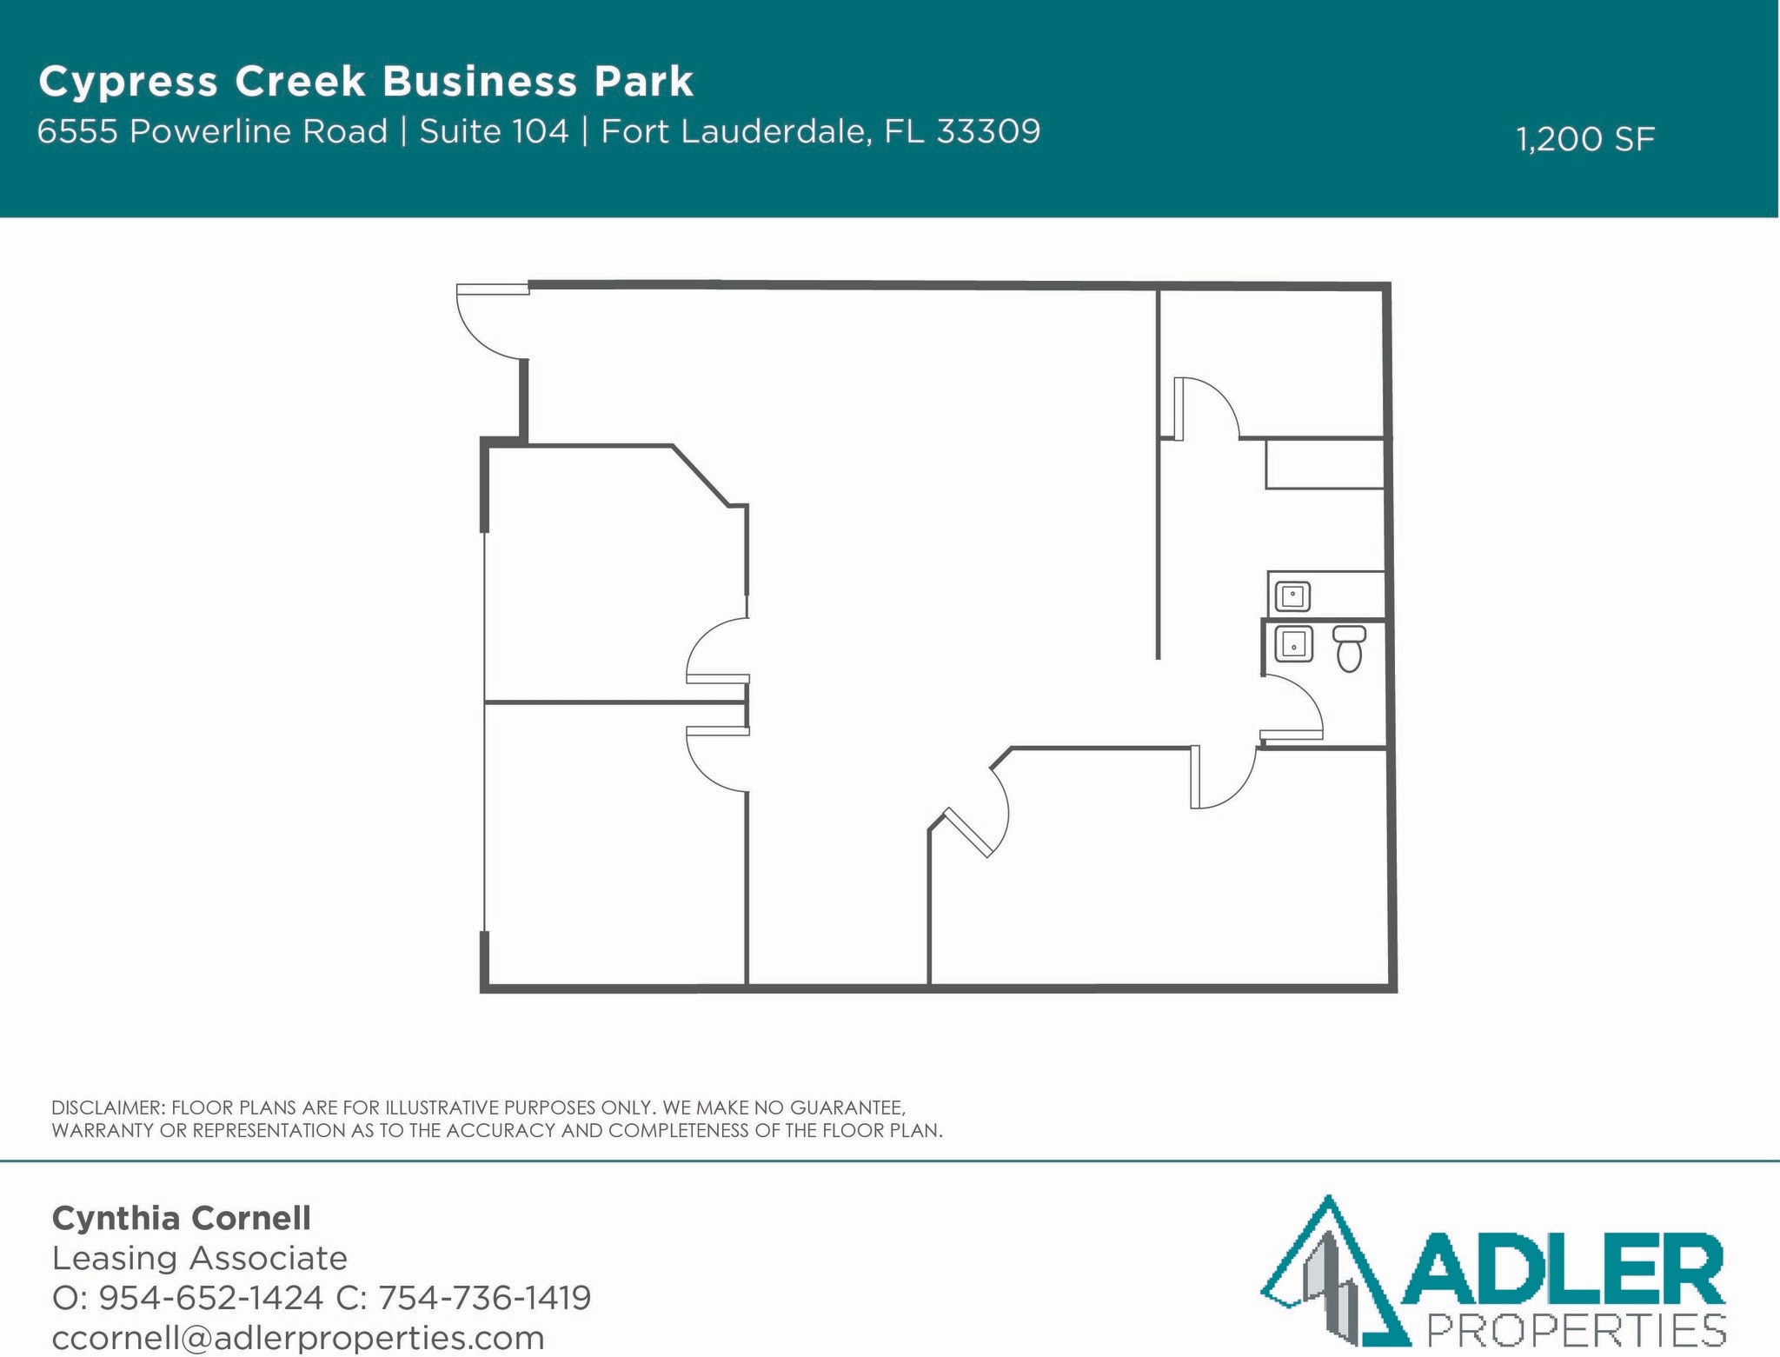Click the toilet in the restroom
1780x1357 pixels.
pyautogui.click(x=1349, y=649)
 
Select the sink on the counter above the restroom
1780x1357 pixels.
pyautogui.click(x=1292, y=596)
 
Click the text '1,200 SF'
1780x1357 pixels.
pyautogui.click(x=1585, y=139)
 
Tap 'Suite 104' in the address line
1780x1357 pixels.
pyautogui.click(x=494, y=131)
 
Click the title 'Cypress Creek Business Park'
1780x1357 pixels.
pyautogui.click(x=366, y=82)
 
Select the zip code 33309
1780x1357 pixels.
pyautogui.click(x=988, y=131)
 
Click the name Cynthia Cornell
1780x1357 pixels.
pyautogui.click(x=182, y=1218)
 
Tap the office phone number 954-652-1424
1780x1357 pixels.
pyautogui.click(x=211, y=1298)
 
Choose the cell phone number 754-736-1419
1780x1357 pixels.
pyautogui.click(x=485, y=1298)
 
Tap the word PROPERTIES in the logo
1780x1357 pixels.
pyautogui.click(x=1577, y=1331)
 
